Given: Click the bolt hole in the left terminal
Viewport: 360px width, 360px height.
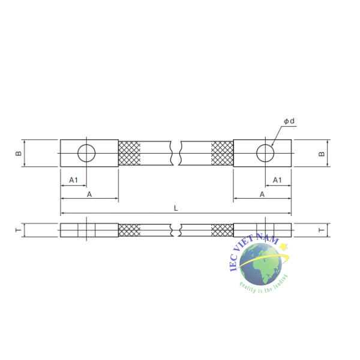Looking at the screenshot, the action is point(86,145).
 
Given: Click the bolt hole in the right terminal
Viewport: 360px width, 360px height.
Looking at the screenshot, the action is point(265,145).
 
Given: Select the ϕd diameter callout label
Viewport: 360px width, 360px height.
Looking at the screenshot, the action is point(289,121).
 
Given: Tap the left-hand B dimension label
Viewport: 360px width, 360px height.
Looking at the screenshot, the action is point(18,153).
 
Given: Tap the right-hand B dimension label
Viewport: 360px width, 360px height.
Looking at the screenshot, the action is point(322,154).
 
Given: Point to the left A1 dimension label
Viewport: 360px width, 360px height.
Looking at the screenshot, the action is point(73,180).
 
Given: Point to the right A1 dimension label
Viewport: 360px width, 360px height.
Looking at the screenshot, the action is point(277,180).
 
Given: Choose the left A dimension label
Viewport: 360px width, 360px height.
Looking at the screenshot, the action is point(89,194).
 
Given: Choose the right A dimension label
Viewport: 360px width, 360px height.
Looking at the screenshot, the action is point(262,194).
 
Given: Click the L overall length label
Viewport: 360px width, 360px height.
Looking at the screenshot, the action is point(176,208).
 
